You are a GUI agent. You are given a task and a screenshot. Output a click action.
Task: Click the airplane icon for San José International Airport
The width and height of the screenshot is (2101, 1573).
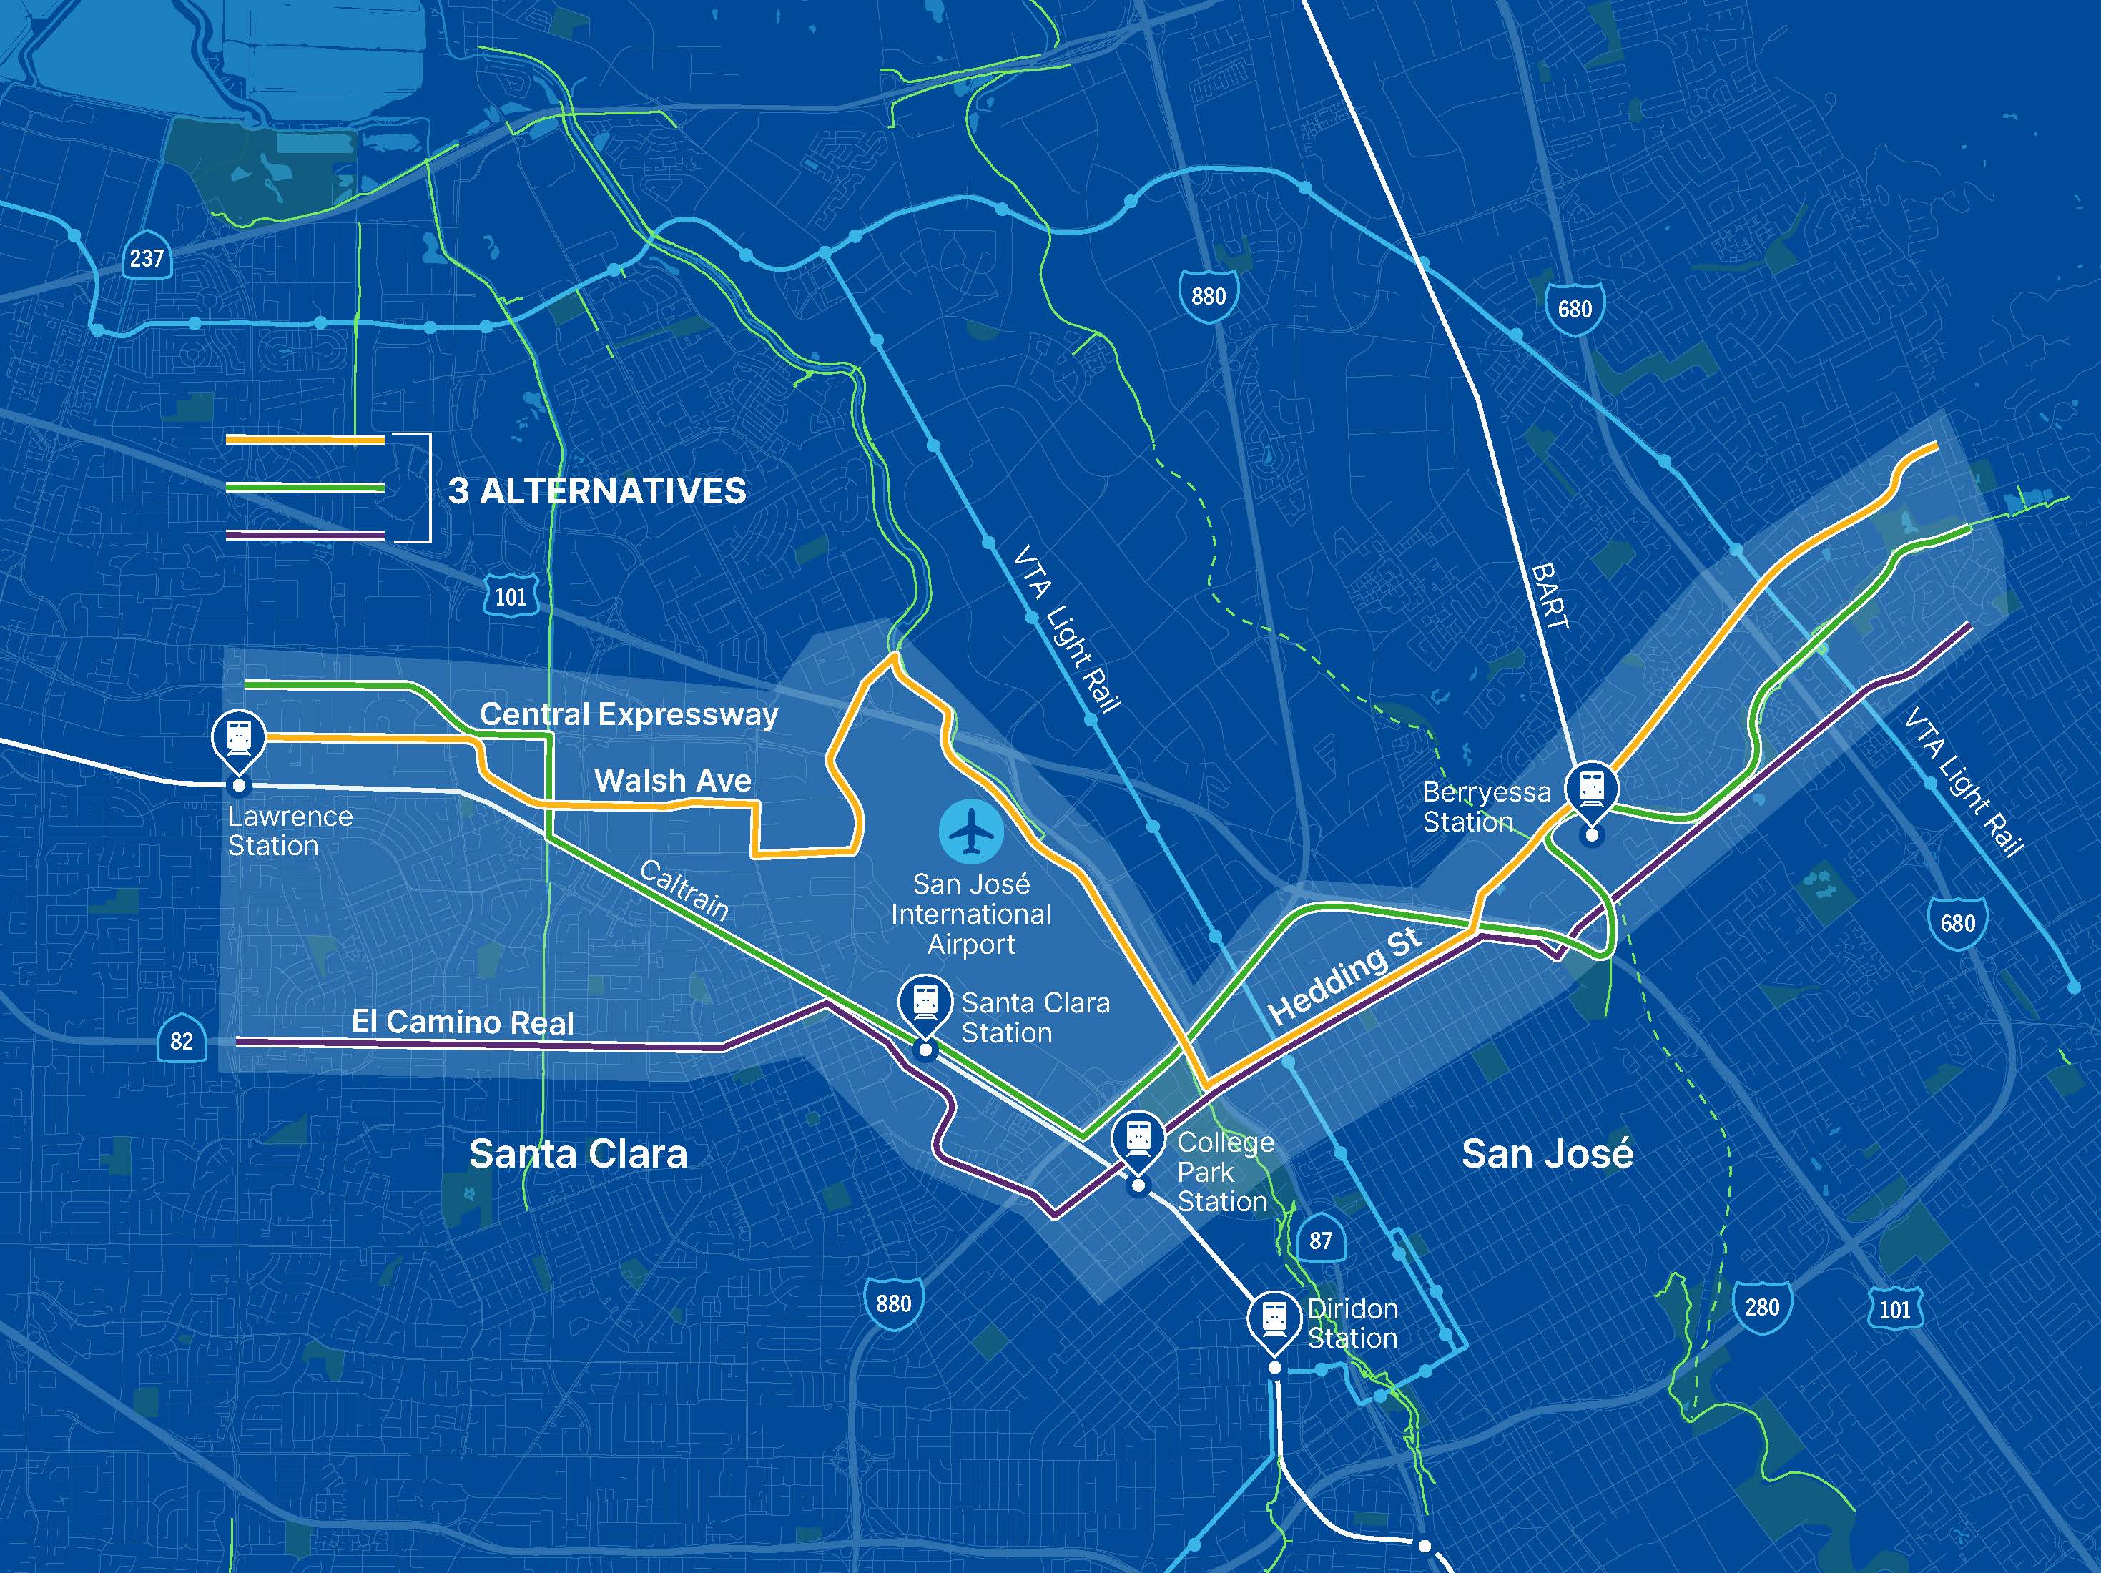970,833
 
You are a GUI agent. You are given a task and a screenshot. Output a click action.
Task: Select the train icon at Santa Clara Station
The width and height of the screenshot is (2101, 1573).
925,1001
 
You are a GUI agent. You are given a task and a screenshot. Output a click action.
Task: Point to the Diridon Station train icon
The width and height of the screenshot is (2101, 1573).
1274,1318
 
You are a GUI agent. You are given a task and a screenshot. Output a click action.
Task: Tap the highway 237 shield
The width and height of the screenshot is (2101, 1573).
147,257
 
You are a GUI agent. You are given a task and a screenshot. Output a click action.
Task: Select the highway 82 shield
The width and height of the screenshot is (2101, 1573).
182,1041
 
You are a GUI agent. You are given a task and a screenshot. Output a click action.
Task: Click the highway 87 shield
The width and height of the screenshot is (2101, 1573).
1320,1241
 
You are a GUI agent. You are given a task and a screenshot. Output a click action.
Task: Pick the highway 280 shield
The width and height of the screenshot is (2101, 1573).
1762,1307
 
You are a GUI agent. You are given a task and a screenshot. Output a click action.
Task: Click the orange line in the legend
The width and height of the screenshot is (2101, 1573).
305,440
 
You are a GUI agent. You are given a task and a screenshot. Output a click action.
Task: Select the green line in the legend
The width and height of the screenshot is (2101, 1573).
305,488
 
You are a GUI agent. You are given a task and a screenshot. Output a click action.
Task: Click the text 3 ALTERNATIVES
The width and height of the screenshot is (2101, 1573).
596,491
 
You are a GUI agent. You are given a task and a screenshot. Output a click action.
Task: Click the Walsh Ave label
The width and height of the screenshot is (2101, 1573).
672,781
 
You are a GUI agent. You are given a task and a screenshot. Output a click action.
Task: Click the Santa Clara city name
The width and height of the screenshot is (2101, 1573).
578,1154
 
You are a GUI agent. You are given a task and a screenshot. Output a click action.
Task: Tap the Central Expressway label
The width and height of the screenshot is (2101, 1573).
629,714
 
